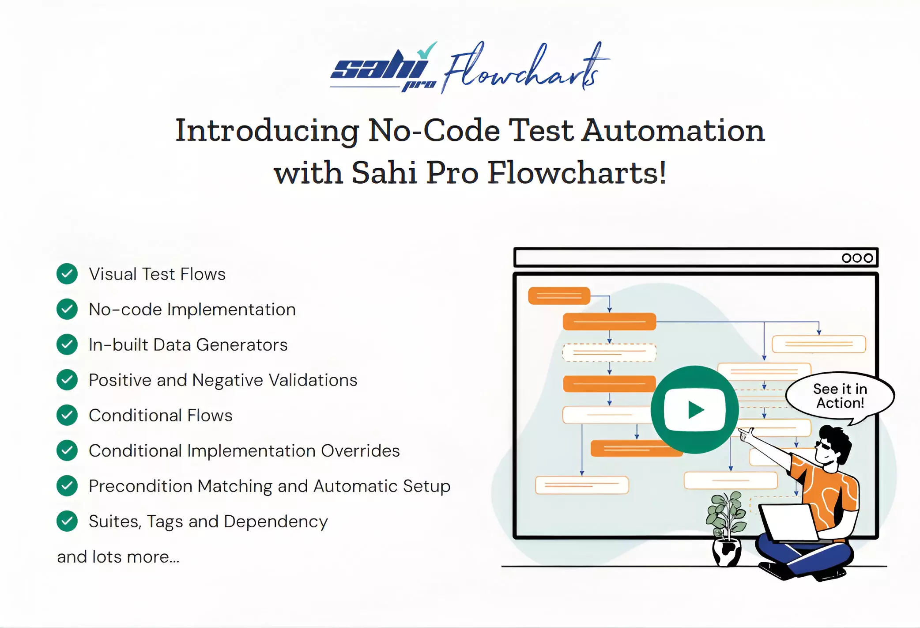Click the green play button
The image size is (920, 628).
point(694,409)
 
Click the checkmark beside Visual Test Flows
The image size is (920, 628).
point(67,274)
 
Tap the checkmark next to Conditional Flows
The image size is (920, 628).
point(67,415)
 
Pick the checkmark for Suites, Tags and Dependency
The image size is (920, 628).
point(67,521)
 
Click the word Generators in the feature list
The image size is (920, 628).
point(241,345)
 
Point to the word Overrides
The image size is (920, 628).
point(360,451)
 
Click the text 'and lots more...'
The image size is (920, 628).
point(118,557)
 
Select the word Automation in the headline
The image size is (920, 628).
point(673,131)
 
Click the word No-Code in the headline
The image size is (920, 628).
point(434,131)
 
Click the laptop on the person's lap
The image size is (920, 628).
point(792,524)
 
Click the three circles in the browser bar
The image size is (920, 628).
point(857,258)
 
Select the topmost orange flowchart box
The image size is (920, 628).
point(559,296)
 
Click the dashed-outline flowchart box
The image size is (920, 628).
point(609,352)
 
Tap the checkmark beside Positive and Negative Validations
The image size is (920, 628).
point(67,380)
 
